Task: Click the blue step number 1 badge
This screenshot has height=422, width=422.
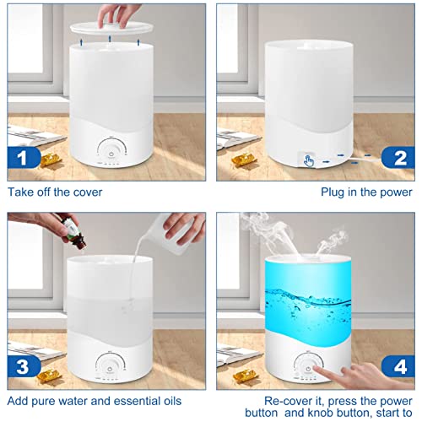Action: (x=24, y=157)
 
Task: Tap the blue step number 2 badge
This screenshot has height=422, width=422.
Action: (x=398, y=157)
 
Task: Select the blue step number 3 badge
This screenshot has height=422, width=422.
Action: (x=24, y=366)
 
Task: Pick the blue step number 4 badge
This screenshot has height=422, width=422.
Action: (x=398, y=366)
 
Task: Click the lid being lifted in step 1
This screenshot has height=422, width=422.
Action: (x=112, y=28)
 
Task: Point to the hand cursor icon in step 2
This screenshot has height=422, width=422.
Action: (x=309, y=161)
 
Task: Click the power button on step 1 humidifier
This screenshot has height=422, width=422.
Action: (x=111, y=154)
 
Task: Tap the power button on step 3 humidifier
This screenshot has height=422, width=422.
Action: (x=110, y=369)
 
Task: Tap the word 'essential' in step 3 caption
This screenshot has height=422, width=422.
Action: (x=133, y=401)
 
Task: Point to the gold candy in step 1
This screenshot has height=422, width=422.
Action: (x=51, y=160)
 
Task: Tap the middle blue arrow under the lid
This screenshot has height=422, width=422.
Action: (x=110, y=39)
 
